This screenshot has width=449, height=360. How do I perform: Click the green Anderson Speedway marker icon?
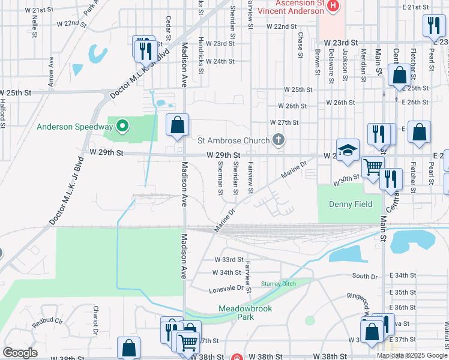tap(122, 126)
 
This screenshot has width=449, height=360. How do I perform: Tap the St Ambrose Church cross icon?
tap(278, 140)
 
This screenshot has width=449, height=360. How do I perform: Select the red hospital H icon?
tap(334, 6)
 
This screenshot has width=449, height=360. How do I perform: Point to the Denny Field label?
tap(351, 204)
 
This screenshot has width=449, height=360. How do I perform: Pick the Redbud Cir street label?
tap(47, 322)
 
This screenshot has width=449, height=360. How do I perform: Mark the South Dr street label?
tap(365, 276)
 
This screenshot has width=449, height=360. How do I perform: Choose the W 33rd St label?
tap(228, 260)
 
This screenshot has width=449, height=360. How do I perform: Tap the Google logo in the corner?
tap(20, 352)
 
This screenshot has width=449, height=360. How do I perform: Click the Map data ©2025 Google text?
tap(412, 355)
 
